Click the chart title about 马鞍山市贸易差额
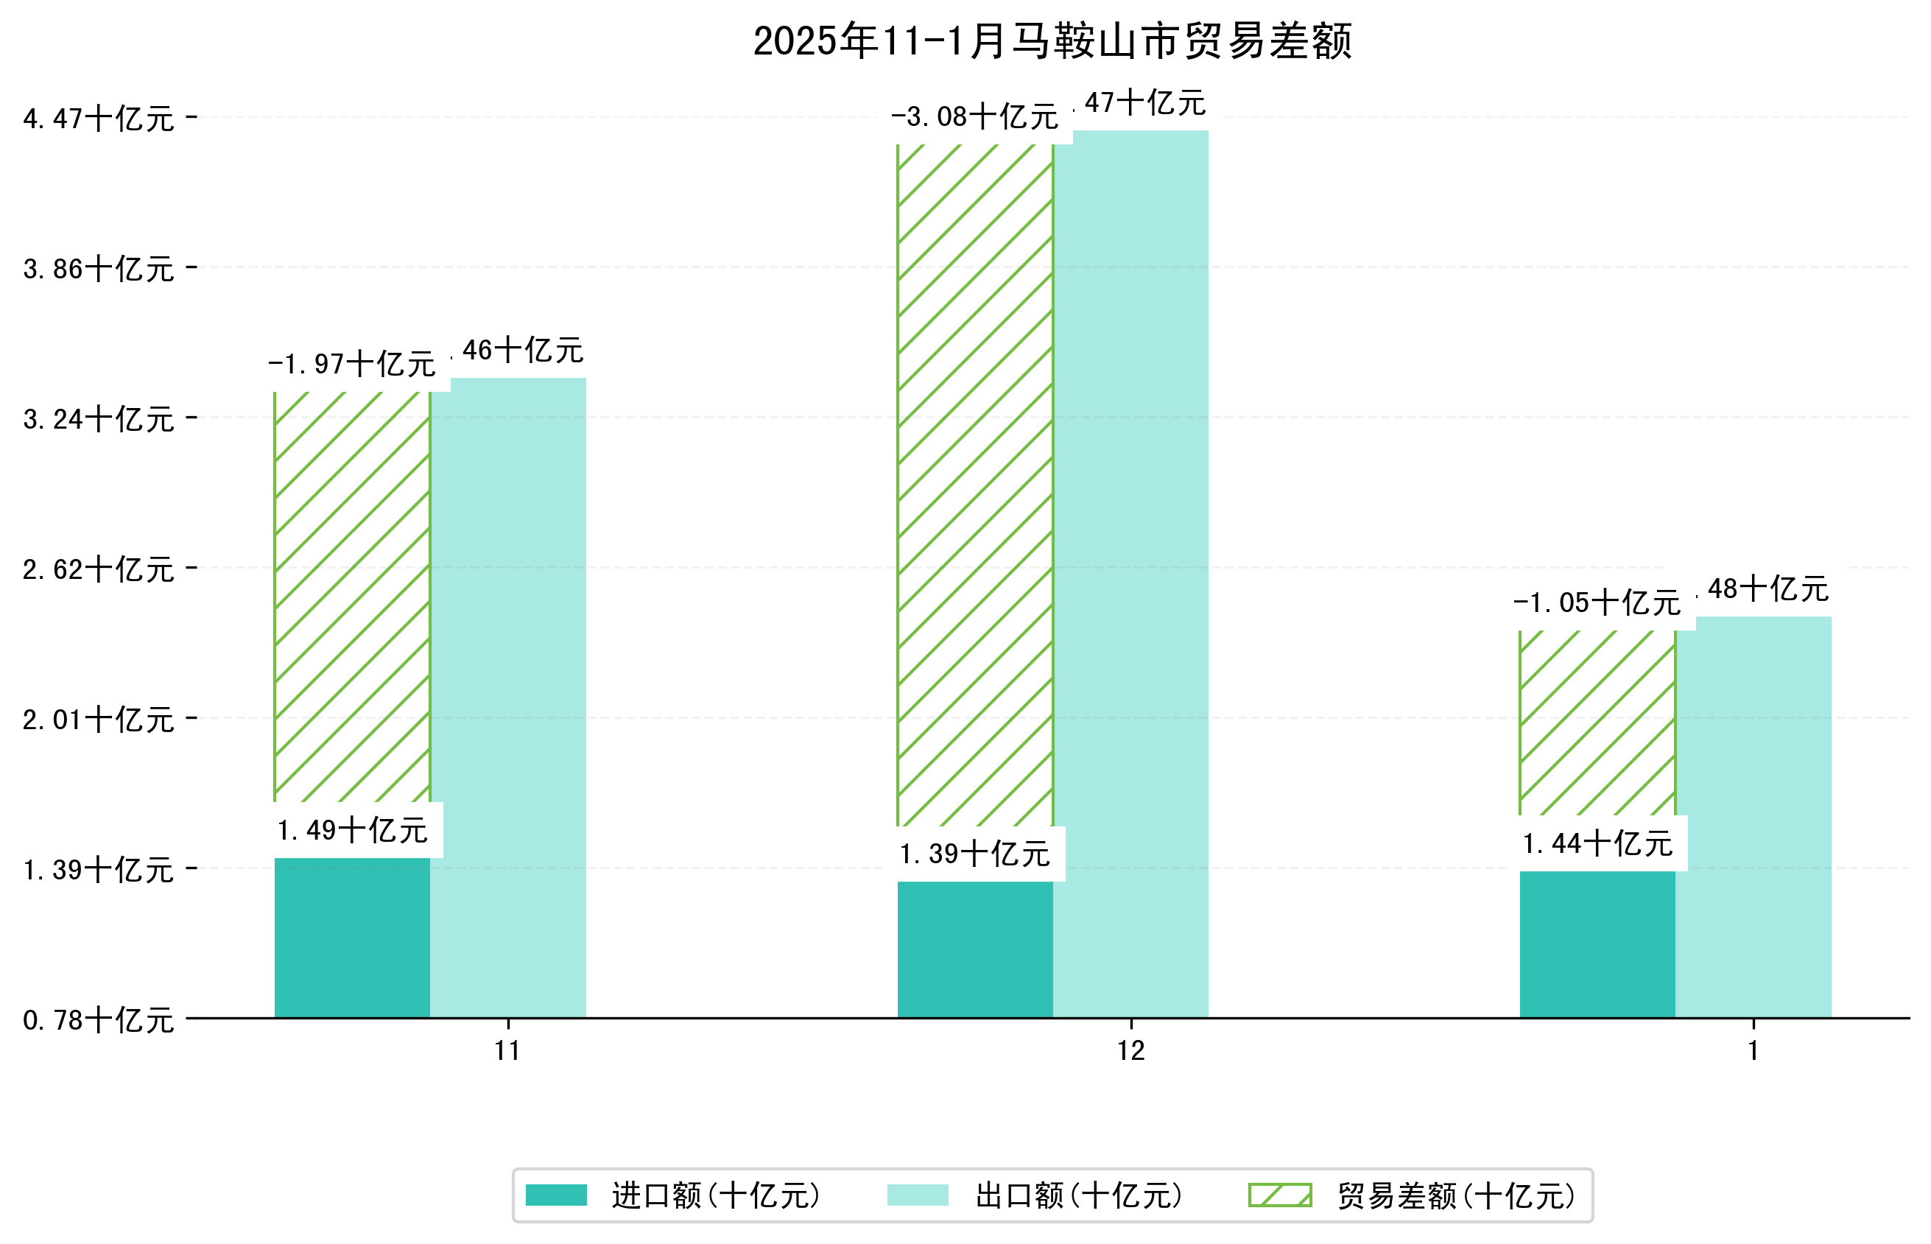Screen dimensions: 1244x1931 1052,41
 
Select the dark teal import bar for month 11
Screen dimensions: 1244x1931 352,937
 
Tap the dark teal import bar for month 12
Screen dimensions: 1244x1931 975,949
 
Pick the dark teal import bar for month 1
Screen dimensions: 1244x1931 1597,943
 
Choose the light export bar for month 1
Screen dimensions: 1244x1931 1754,816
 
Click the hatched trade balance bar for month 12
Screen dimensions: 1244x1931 975,485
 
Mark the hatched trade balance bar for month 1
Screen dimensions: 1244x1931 1597,723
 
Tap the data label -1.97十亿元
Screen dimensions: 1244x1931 351,365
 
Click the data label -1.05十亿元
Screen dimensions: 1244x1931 1596,602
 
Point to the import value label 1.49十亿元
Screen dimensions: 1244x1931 352,830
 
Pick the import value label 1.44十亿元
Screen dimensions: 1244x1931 1597,844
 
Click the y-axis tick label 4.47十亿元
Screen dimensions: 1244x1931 98,119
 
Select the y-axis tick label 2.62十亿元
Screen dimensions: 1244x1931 98,569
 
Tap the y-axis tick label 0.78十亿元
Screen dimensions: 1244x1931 98,1020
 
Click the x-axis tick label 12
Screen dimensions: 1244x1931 1130,1051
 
